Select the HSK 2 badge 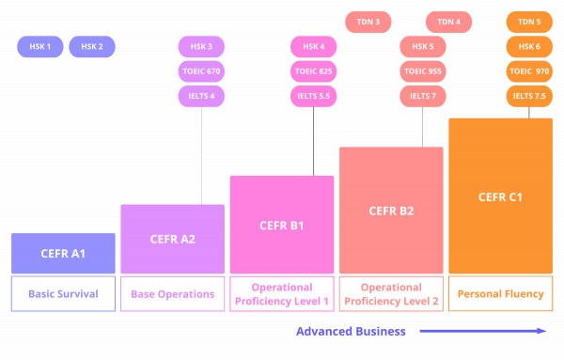[92, 46]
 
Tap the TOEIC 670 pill [201, 71]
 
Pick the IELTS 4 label [201, 96]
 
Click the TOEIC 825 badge [314, 71]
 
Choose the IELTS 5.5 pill [314, 96]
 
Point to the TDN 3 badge [368, 22]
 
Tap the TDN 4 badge [448, 22]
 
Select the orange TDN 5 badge [529, 22]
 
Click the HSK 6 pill [529, 46]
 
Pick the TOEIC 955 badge [422, 71]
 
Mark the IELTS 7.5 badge [529, 96]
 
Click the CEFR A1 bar [63, 254]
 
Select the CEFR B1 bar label [282, 226]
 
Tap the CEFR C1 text [500, 197]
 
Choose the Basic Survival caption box [63, 294]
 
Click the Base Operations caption [172, 294]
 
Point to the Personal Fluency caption [500, 294]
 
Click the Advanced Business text [352, 331]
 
